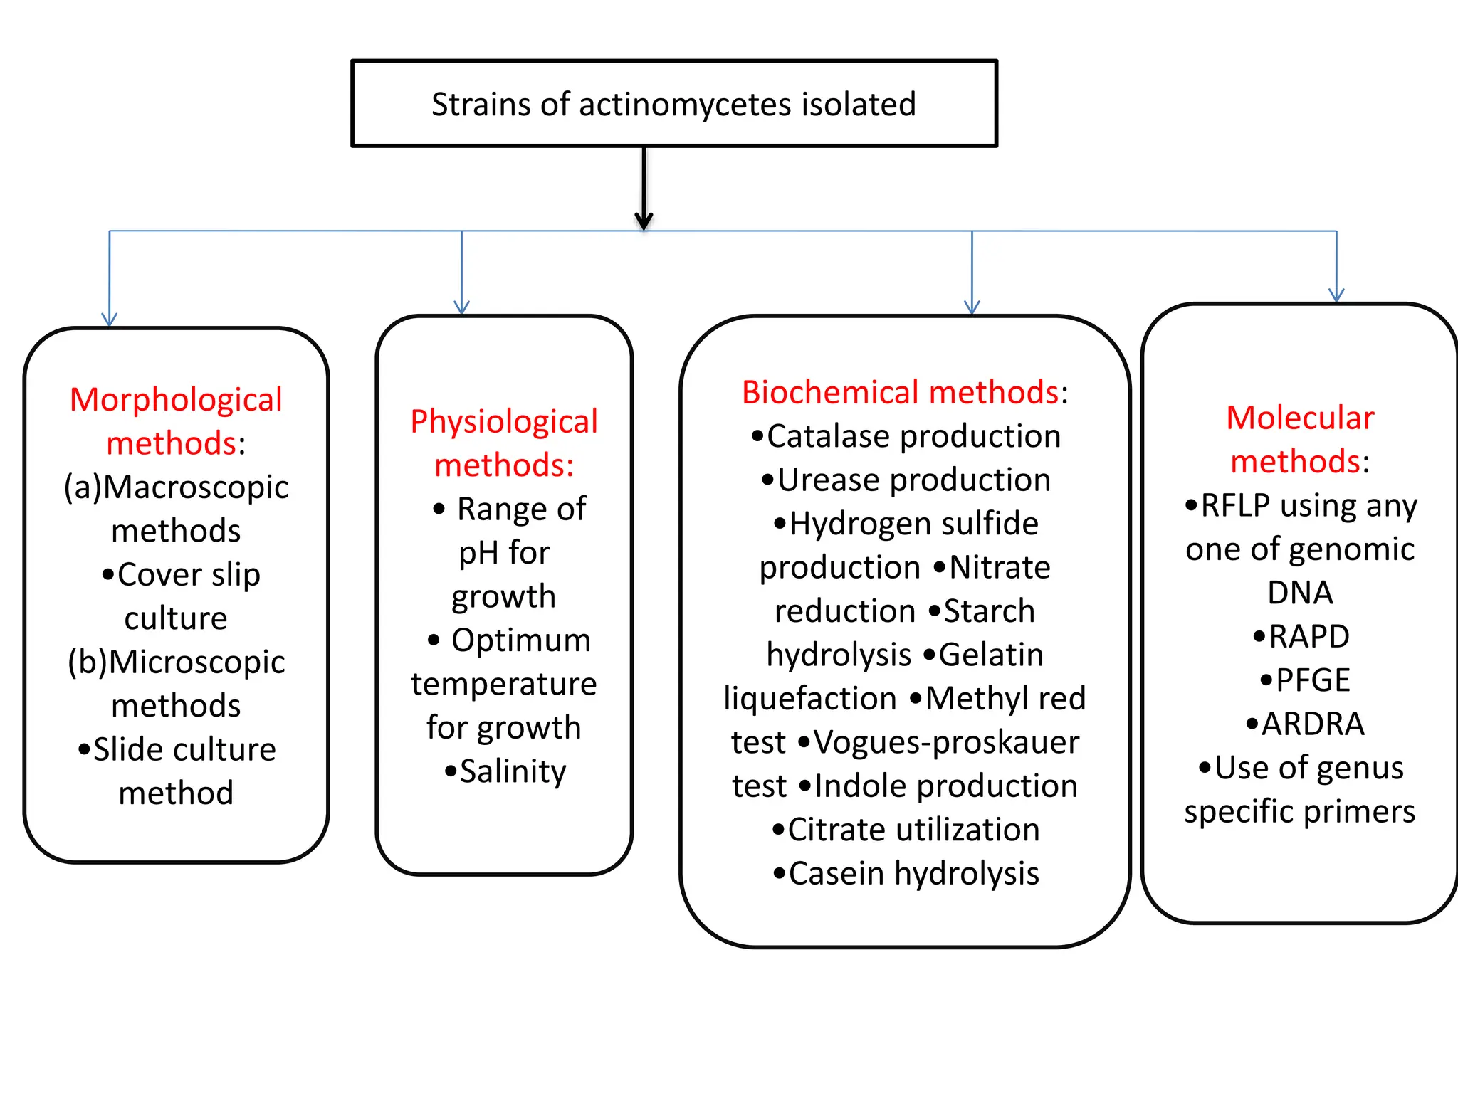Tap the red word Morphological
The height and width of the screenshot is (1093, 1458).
click(176, 400)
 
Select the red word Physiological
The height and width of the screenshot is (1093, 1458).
click(504, 422)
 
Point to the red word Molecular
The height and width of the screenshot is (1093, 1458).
click(1300, 418)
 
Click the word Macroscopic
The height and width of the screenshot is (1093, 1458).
click(196, 487)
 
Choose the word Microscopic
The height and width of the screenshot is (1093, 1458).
click(196, 662)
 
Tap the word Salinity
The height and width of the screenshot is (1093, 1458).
click(513, 771)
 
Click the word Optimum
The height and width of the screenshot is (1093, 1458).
click(521, 640)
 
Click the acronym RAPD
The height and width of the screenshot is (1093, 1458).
click(1308, 637)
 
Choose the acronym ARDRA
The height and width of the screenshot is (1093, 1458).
click(1312, 724)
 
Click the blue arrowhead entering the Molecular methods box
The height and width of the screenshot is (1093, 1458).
click(1336, 295)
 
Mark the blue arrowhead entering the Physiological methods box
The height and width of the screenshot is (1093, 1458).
click(462, 307)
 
